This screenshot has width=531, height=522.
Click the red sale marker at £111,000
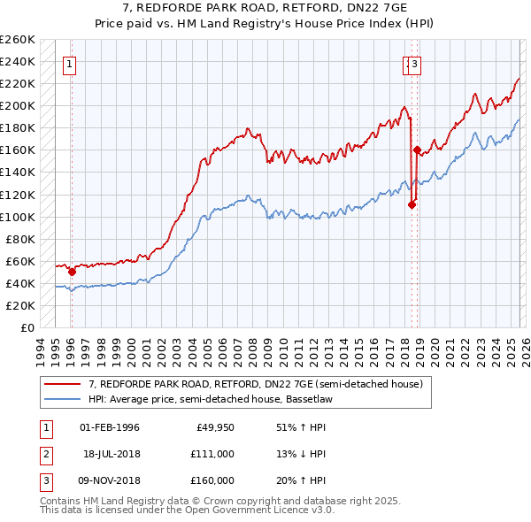[x=412, y=204]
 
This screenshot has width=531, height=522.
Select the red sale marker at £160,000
[x=417, y=150]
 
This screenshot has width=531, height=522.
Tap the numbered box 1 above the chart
[x=69, y=63]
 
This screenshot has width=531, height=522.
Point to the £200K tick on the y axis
[x=18, y=105]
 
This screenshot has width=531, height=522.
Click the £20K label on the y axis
[x=21, y=305]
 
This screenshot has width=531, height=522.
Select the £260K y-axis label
[x=18, y=39]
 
